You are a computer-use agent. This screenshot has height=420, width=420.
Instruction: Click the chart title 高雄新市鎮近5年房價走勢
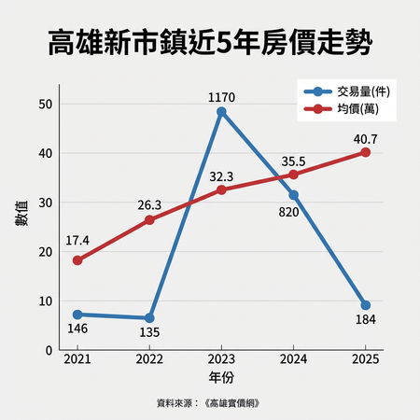tap(210, 42)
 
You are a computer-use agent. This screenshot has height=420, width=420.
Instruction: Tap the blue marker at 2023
tap(221, 112)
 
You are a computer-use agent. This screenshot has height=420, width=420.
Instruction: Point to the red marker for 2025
tap(365, 152)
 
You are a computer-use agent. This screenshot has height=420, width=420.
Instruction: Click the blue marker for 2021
tap(77, 315)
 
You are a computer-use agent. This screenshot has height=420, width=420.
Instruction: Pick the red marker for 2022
tap(149, 220)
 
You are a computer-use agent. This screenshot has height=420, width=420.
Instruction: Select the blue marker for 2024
tap(293, 195)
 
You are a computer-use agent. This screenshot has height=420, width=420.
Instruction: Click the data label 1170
tap(221, 95)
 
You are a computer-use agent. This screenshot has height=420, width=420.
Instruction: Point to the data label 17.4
tap(77, 242)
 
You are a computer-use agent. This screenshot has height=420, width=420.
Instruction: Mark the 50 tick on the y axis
tap(46, 104)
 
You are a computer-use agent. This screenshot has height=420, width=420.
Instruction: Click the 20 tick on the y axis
tap(46, 252)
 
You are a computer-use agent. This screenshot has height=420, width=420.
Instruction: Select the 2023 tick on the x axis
tap(221, 359)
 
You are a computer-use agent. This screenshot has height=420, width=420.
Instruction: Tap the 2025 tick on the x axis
tap(365, 359)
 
